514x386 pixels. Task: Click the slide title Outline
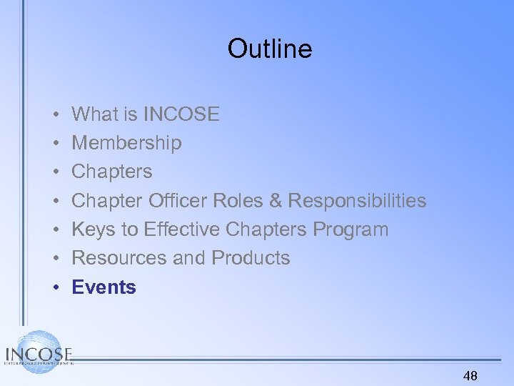tap(270, 49)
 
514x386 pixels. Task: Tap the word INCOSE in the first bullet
tap(181, 114)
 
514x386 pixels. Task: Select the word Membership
tap(126, 143)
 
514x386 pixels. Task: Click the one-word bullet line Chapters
tap(112, 172)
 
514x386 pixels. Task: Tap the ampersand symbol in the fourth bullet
tap(276, 201)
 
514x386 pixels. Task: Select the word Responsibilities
tap(357, 201)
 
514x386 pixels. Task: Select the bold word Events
tap(104, 287)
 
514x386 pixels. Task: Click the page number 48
tap(470, 376)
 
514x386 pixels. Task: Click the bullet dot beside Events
tap(55, 287)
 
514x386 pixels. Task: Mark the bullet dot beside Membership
tap(55, 143)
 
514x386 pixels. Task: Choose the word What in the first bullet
tap(96, 114)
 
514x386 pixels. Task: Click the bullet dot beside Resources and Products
tap(55, 258)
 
